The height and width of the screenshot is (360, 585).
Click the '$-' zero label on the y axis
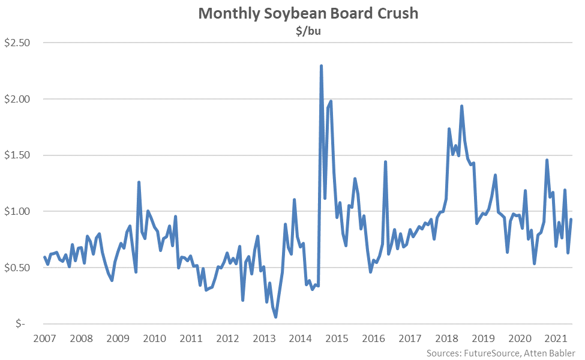[20, 323]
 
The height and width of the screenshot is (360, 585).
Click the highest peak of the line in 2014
[322, 66]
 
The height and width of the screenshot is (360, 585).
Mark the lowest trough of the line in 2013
[275, 316]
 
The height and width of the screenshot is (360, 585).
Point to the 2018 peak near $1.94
[461, 106]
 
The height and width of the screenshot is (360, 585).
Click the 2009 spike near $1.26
[139, 182]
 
